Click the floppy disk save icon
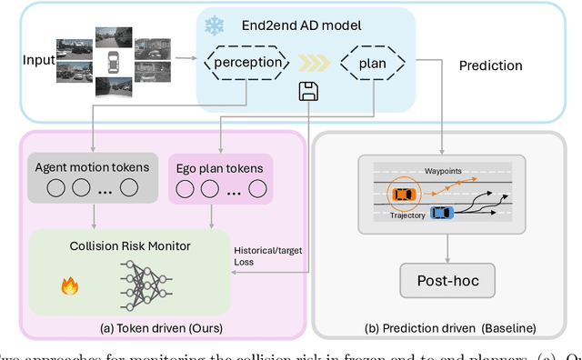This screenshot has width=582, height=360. (x=309, y=91)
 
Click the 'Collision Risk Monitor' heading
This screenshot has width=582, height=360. (x=129, y=245)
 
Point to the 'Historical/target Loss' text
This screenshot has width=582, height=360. (x=263, y=255)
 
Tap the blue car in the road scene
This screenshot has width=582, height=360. (x=441, y=212)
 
